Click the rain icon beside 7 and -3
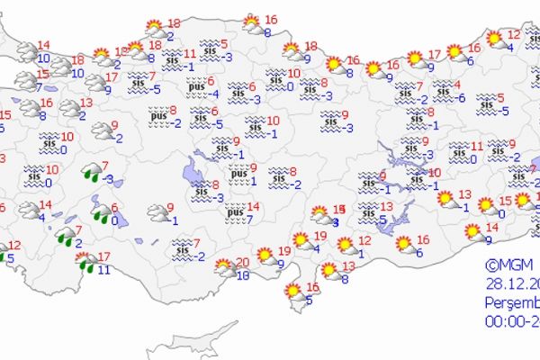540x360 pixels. point(91,172)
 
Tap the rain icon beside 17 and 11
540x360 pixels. point(86,262)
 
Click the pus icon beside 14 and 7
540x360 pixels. point(236,212)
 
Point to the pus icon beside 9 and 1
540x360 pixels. point(237,174)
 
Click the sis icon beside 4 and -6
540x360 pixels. point(442,90)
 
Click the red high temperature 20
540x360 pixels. point(241,262)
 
